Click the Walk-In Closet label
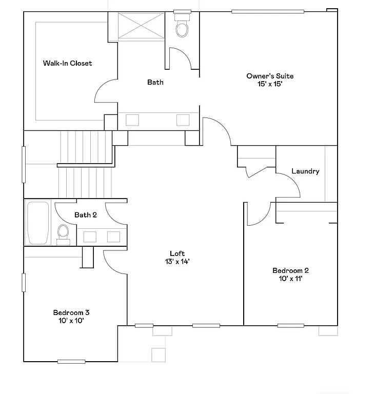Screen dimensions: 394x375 click(x=67, y=63)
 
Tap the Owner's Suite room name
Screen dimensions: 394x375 click(x=270, y=76)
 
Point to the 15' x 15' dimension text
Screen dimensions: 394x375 click(x=270, y=84)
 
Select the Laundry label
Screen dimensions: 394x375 click(x=305, y=171)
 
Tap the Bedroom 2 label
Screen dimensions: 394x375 click(x=290, y=271)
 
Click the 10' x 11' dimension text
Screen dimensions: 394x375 click(x=290, y=279)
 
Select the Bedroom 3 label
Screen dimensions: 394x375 click(x=71, y=312)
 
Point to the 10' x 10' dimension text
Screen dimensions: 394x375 click(x=71, y=321)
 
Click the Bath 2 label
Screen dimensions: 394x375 click(x=86, y=215)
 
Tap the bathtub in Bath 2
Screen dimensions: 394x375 click(x=37, y=223)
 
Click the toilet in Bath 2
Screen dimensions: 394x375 click(x=64, y=232)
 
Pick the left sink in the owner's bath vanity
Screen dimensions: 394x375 click(x=132, y=120)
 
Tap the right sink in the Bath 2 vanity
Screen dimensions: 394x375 click(x=113, y=237)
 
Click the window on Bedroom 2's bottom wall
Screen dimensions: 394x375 click(x=290, y=325)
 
